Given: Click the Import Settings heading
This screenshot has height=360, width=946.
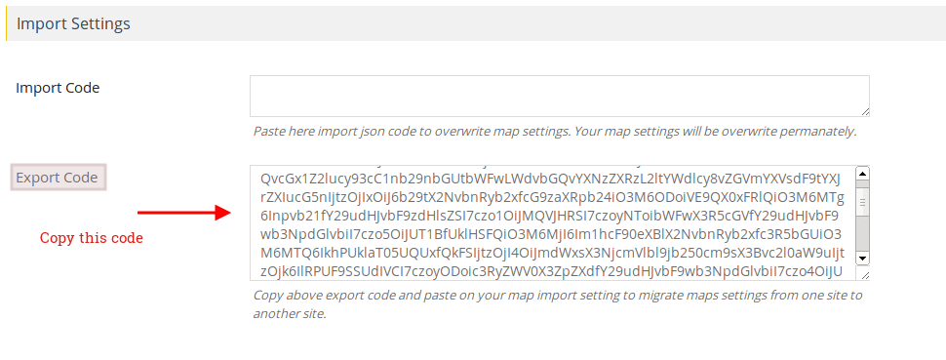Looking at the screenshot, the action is tap(73, 22).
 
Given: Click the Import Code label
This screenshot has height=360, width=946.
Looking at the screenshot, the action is tap(58, 88).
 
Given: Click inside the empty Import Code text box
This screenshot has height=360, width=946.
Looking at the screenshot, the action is tap(559, 97).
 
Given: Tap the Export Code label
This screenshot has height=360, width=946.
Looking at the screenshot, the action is tap(57, 178).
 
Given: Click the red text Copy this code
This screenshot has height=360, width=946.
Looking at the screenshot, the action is tap(91, 238).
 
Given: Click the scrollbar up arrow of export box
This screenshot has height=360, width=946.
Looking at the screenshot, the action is tap(862, 174).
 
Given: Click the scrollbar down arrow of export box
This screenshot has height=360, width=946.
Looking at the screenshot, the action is tap(862, 258).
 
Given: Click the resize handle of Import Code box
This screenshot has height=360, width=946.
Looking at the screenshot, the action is tap(864, 111).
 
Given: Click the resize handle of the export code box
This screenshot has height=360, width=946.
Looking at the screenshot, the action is tap(864, 274).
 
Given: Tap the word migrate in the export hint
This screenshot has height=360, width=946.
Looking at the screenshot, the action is tap(651, 295).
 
